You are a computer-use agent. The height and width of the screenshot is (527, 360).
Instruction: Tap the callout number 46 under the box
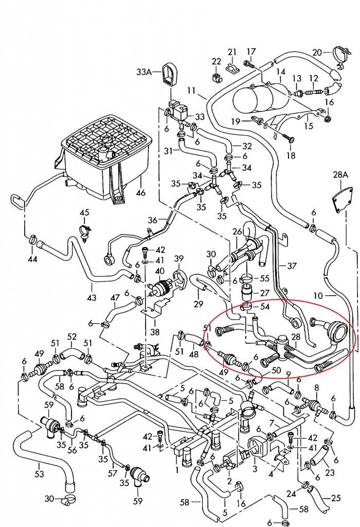[140, 194]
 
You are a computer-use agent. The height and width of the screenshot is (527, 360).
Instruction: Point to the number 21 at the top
[232, 52]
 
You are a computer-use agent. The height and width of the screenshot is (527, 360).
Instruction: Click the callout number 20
[317, 52]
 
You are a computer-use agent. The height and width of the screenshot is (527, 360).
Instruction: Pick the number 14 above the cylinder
[281, 72]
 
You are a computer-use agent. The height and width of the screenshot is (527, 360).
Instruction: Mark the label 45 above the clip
[84, 213]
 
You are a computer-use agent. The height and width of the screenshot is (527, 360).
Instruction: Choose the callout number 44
[32, 259]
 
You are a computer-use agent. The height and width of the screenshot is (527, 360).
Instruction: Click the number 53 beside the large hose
[39, 473]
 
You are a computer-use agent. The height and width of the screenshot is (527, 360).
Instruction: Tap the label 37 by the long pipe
[292, 266]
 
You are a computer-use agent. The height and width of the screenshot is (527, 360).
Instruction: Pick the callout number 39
[178, 258]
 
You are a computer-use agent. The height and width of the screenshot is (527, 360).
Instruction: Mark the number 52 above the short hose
[73, 337]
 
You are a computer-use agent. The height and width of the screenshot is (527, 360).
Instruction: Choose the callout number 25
[336, 498]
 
